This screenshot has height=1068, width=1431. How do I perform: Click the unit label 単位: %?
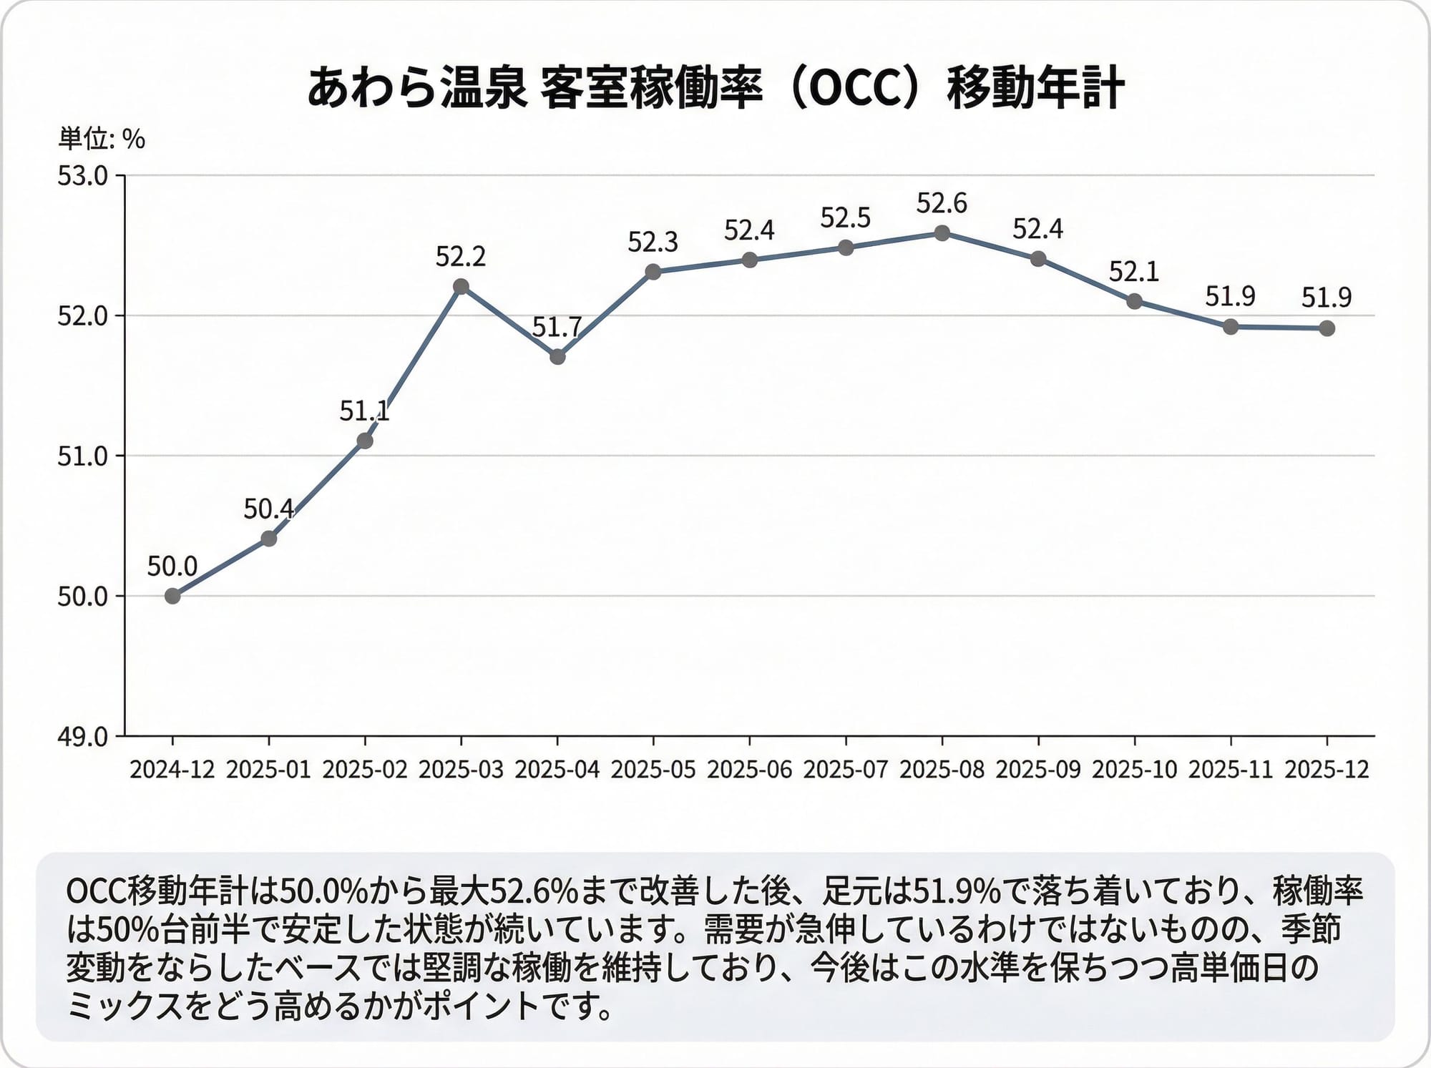[102, 139]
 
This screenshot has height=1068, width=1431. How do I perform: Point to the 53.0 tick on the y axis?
[82, 176]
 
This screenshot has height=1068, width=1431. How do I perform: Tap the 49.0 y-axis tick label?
[82, 736]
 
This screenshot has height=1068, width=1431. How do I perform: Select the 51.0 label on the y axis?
[82, 456]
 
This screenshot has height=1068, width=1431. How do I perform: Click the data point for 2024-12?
[172, 596]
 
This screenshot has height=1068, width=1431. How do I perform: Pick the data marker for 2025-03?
[461, 287]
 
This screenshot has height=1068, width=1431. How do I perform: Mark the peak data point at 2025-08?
[942, 233]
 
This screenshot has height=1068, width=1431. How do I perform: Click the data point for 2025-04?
[557, 356]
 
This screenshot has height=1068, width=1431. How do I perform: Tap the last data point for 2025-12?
[1327, 328]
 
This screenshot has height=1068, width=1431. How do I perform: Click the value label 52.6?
[942, 204]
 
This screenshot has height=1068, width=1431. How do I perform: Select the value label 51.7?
[557, 328]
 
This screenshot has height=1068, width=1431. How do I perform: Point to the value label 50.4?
[268, 509]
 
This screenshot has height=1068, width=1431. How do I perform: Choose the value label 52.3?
[653, 242]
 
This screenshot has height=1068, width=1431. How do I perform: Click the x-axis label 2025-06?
[749, 770]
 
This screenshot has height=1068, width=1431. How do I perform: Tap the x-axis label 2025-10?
[1134, 770]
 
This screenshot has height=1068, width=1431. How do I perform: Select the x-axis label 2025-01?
[268, 770]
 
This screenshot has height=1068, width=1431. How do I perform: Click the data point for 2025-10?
[1134, 301]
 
